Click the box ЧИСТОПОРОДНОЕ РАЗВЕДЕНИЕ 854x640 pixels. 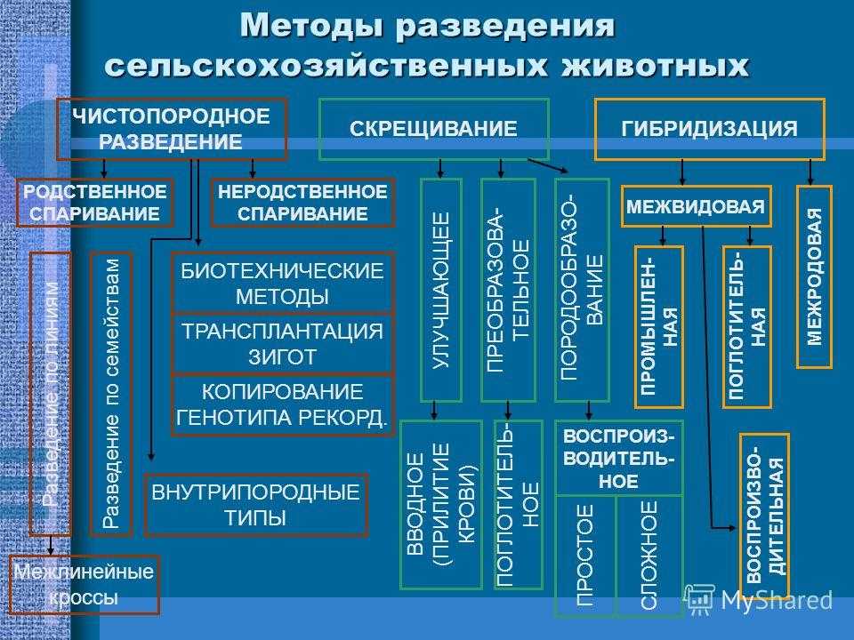(x=171, y=129)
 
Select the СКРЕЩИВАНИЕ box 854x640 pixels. (x=433, y=129)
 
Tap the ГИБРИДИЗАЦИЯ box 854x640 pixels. (x=709, y=129)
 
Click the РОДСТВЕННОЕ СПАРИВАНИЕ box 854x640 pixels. (x=95, y=203)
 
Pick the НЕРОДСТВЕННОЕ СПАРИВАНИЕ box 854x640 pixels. (x=303, y=203)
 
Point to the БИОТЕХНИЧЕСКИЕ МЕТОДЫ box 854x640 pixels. (x=281, y=284)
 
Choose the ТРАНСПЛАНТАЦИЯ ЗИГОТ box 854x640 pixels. (x=281, y=343)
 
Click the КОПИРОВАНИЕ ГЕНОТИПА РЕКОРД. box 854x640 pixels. (x=281, y=405)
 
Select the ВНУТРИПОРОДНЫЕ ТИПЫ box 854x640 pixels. (x=255, y=505)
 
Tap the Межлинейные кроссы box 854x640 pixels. (x=84, y=585)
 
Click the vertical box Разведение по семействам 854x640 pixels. (x=111, y=394)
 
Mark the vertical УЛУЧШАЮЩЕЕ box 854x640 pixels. (x=440, y=290)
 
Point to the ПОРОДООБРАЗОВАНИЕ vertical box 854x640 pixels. (x=582, y=290)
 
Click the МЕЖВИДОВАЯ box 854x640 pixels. (x=696, y=206)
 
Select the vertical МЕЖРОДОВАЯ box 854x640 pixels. (x=814, y=276)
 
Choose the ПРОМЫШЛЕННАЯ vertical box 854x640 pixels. (x=658, y=326)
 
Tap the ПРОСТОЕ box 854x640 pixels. (x=584, y=555)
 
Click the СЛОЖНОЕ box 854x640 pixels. (x=649, y=555)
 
